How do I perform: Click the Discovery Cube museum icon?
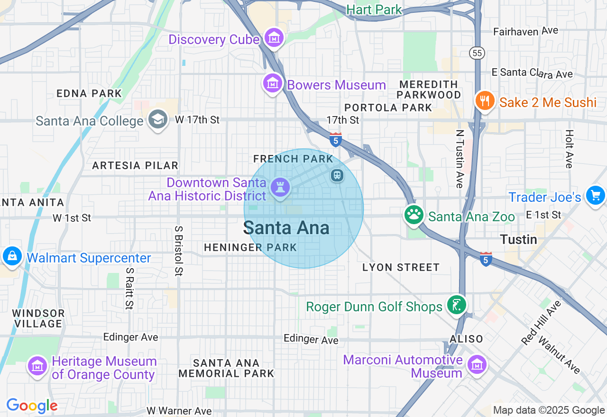274,38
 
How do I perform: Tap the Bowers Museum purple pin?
273,84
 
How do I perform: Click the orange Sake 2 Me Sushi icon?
484,101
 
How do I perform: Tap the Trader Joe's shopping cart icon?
595,195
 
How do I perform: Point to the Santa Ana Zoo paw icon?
414,215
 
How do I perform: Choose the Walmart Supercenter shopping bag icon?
12,256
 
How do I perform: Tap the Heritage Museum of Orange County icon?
37,366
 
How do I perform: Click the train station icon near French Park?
337,175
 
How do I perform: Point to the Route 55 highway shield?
477,53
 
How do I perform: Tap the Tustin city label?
519,239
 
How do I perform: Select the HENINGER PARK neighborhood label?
250,247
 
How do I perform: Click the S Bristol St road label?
179,250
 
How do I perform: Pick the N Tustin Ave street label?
459,159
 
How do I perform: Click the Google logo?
32,406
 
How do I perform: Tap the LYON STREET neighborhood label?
401,268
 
